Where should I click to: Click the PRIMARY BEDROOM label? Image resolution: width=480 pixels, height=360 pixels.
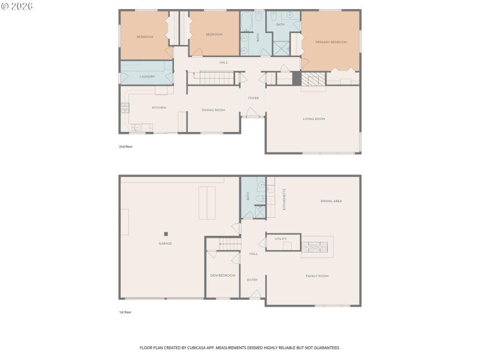coord(331,42)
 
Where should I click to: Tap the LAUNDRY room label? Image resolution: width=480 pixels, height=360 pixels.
coord(147,76)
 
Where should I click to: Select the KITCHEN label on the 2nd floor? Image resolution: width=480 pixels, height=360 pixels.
coord(158,107)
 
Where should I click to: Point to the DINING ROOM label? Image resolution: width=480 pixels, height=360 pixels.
coord(213,110)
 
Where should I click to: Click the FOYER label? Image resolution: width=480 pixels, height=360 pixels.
coord(253,98)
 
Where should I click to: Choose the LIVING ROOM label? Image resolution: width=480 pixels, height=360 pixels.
coord(313,119)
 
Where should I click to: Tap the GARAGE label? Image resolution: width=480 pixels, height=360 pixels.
coord(165,243)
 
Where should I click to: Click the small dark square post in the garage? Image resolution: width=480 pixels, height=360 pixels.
coord(166,233)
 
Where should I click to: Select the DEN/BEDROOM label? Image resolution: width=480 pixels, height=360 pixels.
coord(223,275)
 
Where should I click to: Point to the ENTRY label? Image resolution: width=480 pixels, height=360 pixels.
coord(253,280)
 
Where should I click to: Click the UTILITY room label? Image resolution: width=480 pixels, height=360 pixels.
coord(280,239)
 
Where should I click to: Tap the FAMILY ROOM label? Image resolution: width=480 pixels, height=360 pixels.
coord(317,275)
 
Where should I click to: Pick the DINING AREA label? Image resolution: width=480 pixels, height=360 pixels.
coord(331,201)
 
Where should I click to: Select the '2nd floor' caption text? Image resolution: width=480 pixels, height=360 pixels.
coord(125,146)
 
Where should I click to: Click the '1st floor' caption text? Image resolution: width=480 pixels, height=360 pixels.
coord(125,312)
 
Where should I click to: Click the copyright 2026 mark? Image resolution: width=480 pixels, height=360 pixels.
coord(17,6)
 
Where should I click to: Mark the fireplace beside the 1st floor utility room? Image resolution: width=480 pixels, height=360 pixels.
coord(315,246)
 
